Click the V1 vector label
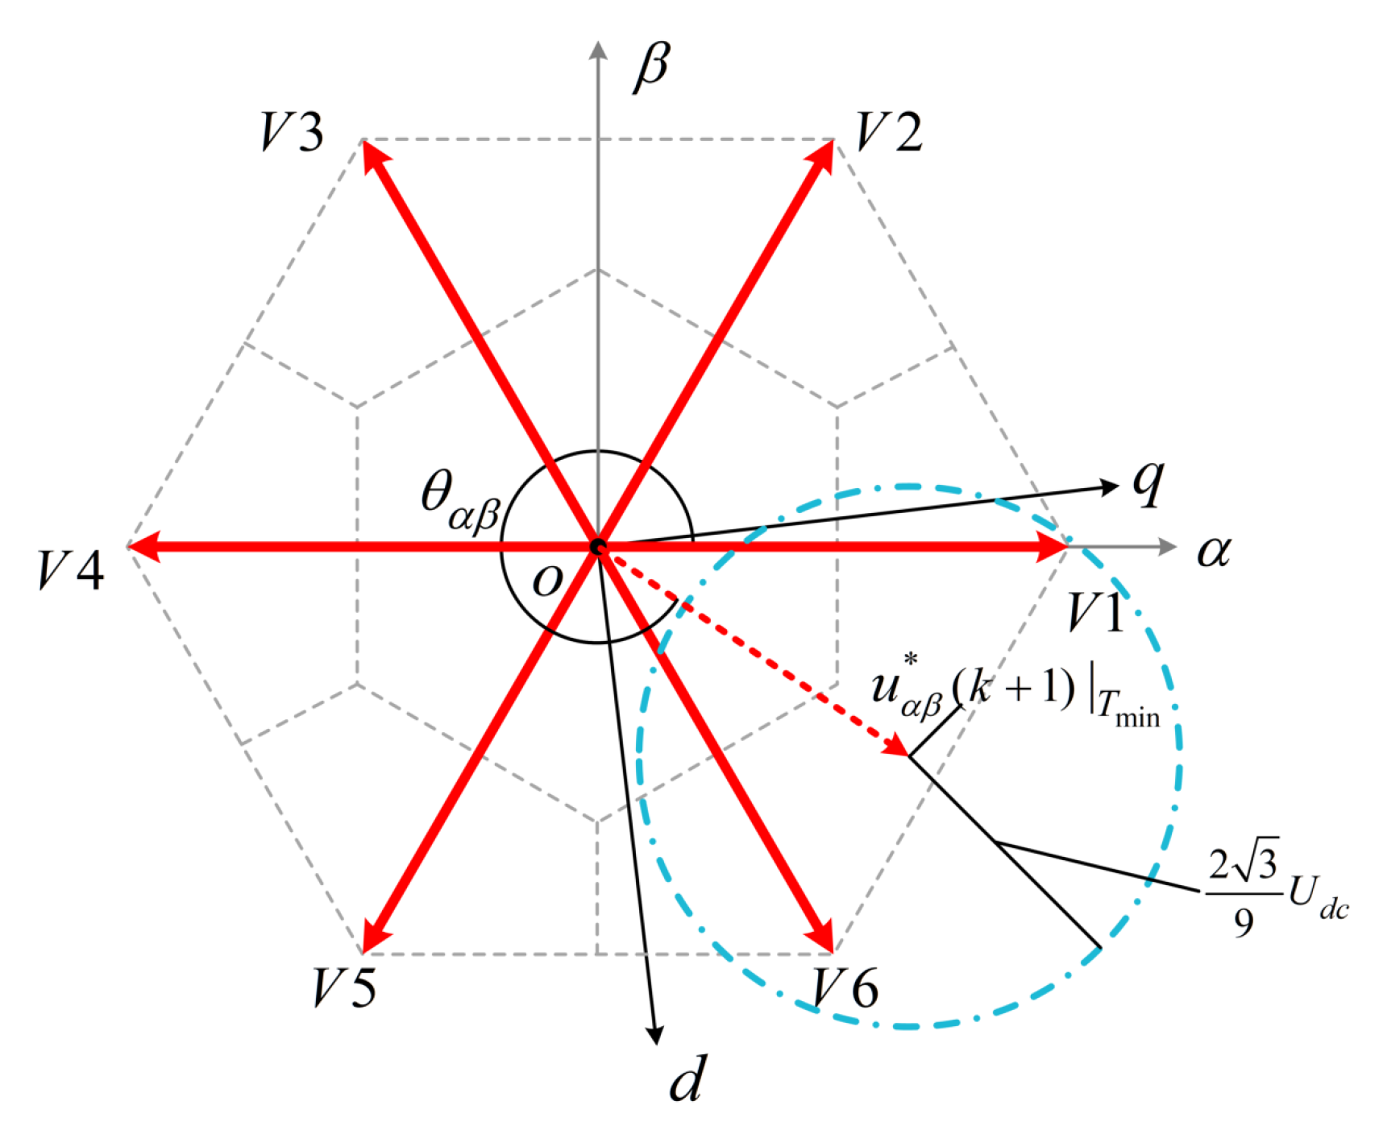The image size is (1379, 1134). point(1094,614)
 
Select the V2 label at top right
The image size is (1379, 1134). point(888,132)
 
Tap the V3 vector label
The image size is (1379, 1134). point(292,132)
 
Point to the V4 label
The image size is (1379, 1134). point(71,570)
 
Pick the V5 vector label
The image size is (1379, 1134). point(344,987)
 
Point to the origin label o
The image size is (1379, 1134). point(547,580)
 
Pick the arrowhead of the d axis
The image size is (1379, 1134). point(656,1036)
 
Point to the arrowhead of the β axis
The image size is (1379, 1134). point(598,50)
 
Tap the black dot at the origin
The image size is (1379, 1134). point(598,548)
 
